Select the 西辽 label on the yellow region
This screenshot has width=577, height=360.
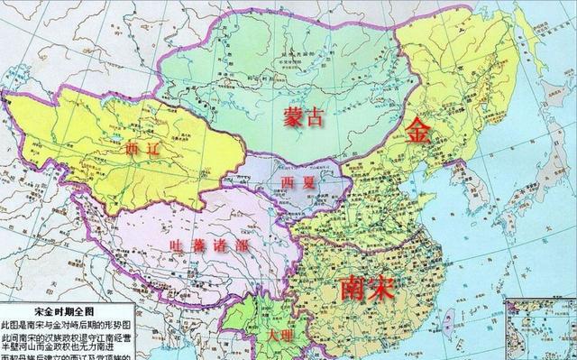click(x=143, y=149)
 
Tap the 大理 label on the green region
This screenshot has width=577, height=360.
click(x=283, y=334)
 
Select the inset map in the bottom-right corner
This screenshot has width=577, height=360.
click(x=540, y=328)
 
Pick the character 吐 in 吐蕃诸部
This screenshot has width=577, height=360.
click(x=178, y=245)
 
